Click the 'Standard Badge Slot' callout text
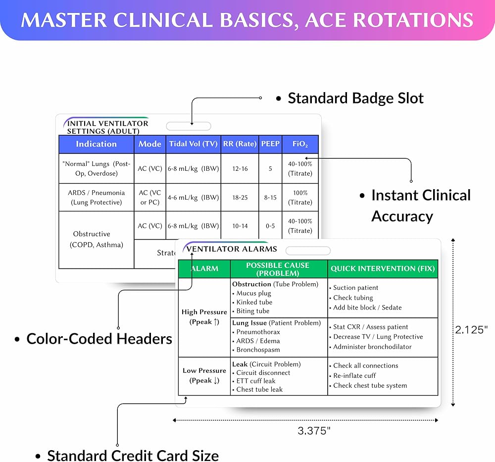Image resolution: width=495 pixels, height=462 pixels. click(x=355, y=98)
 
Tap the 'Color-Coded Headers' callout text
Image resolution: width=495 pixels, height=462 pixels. click(x=99, y=339)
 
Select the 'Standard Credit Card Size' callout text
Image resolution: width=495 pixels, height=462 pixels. click(x=133, y=455)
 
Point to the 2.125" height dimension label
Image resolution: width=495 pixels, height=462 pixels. click(x=472, y=330)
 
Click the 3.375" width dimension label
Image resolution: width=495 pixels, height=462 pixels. click(x=314, y=431)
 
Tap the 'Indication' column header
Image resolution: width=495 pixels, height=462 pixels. click(x=96, y=144)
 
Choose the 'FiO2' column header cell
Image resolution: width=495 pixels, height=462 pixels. click(x=300, y=144)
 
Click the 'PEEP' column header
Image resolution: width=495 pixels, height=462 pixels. click(x=270, y=144)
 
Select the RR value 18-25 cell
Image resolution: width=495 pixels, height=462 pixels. click(x=240, y=197)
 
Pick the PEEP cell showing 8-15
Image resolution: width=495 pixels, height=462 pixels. click(x=270, y=197)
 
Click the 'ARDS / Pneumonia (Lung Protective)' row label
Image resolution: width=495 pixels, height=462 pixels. click(x=96, y=197)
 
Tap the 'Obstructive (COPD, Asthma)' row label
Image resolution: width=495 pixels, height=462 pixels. click(x=96, y=239)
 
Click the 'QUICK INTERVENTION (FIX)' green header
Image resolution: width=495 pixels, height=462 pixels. click(x=383, y=268)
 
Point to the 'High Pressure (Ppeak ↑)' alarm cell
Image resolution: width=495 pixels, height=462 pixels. click(x=204, y=317)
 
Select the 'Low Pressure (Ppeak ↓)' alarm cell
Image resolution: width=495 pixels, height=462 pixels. click(x=204, y=375)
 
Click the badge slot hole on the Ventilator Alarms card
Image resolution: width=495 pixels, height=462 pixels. click(x=308, y=251)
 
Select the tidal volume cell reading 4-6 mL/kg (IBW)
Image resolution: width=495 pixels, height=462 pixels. click(x=193, y=197)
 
